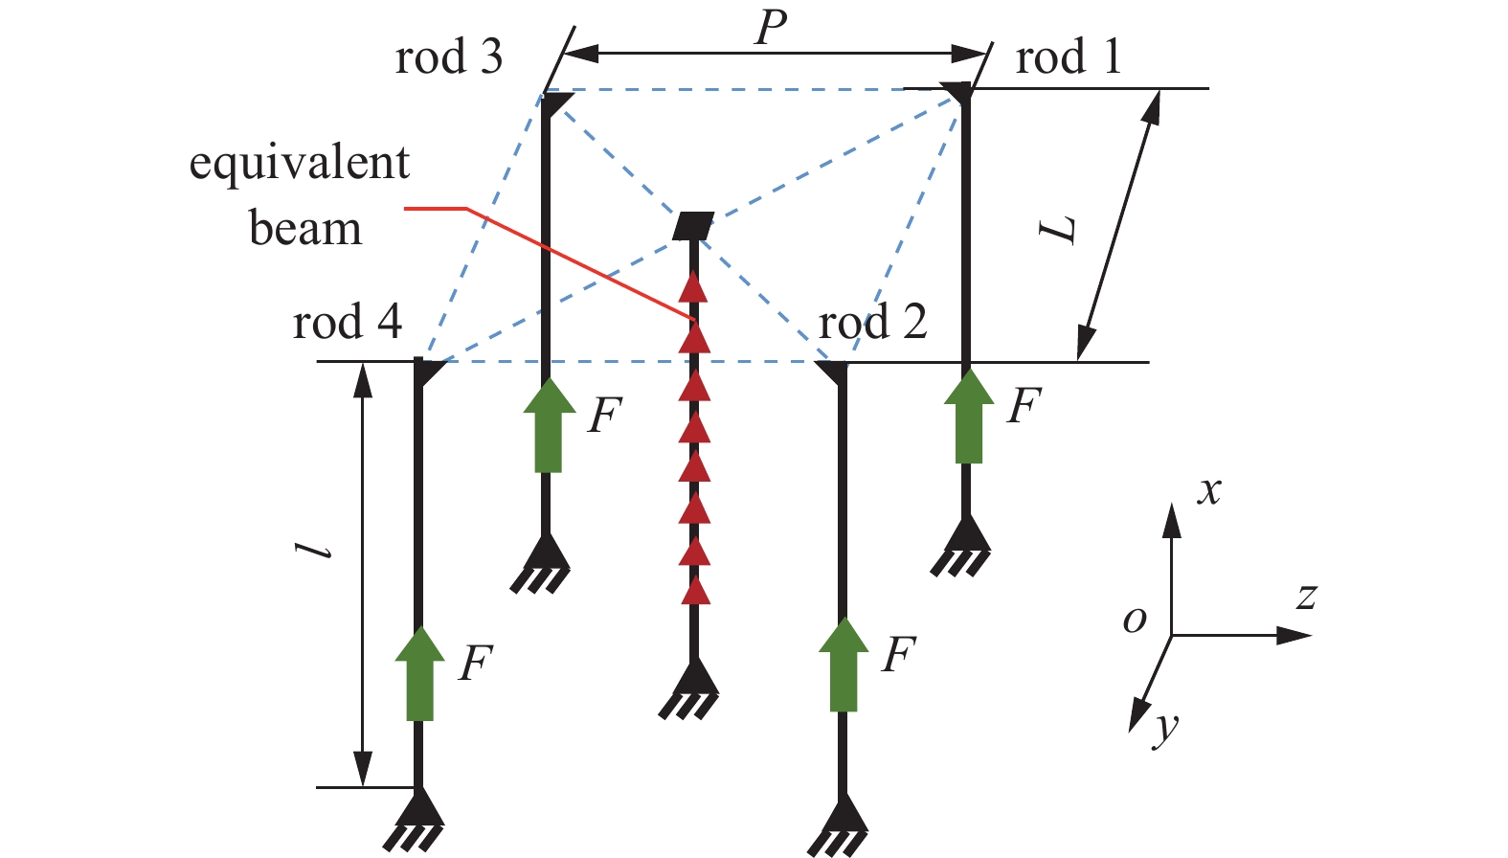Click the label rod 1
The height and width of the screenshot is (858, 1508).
(1067, 57)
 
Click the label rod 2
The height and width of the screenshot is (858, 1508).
(872, 322)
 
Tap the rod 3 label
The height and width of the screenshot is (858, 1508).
(448, 57)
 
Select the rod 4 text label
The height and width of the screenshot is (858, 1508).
(347, 322)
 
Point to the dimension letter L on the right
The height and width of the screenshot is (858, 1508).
(1060, 230)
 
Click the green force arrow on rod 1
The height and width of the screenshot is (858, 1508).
(969, 417)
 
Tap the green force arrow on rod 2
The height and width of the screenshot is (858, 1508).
(843, 665)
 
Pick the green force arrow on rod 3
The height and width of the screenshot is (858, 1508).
(549, 425)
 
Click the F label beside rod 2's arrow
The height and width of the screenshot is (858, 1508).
(898, 656)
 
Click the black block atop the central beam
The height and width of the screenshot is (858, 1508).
(693, 226)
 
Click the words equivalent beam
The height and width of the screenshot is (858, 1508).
(301, 195)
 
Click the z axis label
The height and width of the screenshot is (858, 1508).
(1306, 597)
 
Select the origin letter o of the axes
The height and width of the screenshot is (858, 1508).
(1135, 620)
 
